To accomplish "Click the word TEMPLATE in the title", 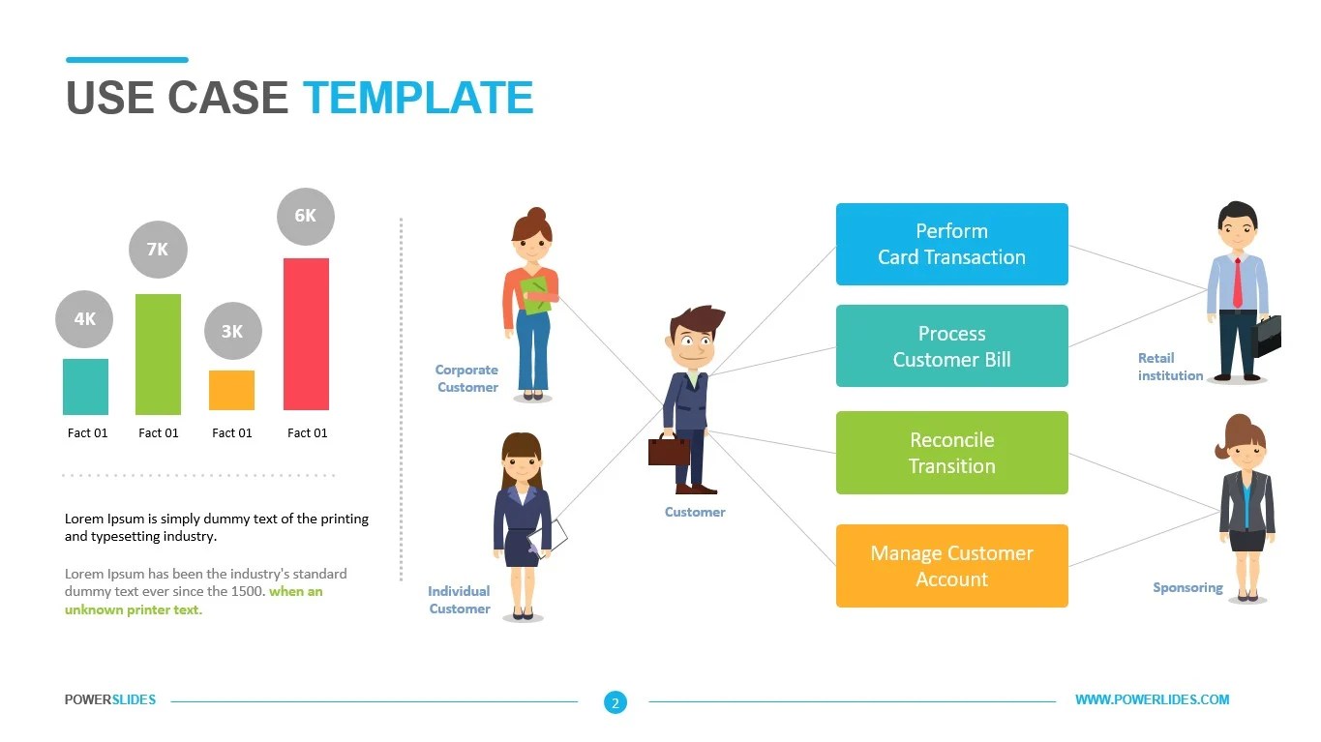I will pos(418,99).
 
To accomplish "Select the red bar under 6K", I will pos(306,334).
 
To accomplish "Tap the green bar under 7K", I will pos(158,353).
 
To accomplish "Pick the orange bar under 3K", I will pos(231,390).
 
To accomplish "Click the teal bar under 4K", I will pos(85,386).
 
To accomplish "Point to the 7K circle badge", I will pos(158,250).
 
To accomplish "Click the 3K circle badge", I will pos(232,331).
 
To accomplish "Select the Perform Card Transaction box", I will pos(951,244).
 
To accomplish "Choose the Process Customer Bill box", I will pos(951,346).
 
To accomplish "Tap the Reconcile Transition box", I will pos(951,453).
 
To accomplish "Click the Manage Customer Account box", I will pos(951,566).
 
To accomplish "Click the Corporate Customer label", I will pos(466,378).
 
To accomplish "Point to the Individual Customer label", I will pos(460,600).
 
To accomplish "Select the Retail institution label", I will pos(1170,367).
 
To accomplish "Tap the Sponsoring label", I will pos(1187,587).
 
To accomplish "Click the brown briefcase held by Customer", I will pos(669,450).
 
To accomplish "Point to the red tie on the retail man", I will pos(1237,282).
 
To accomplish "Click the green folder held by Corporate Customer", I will pos(535,295).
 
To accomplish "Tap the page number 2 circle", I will pos(615,702).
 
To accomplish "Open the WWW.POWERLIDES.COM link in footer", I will pos(1152,699).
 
